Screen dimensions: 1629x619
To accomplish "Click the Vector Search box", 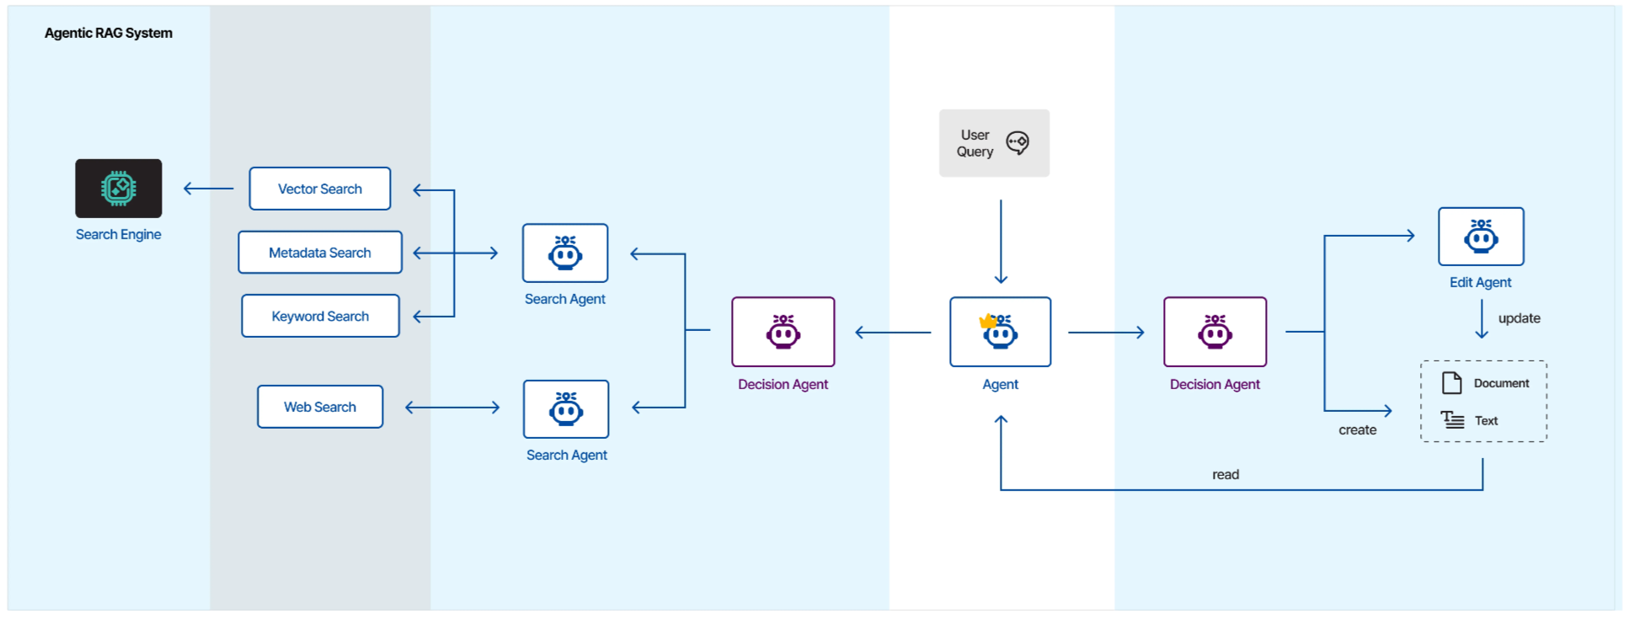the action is coord(320,189).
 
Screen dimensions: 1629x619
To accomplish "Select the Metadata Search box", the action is coord(320,253).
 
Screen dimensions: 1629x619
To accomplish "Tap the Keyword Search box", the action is coord(320,316).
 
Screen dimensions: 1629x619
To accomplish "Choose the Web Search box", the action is coord(320,407).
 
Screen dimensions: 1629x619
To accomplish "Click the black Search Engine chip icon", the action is coord(119,189).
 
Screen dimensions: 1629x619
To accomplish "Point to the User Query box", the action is coord(995,143).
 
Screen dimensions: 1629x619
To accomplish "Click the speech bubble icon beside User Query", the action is coord(1017,143).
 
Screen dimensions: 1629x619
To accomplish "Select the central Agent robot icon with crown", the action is coord(1001,332).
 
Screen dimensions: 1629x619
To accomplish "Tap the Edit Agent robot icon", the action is coord(1482,237).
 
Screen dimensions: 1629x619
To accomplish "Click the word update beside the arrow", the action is coord(1520,318).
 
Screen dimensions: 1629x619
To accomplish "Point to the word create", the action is coord(1358,430).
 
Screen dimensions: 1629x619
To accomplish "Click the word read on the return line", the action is coord(1226,475).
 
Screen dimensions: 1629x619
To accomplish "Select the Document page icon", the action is coord(1452,383).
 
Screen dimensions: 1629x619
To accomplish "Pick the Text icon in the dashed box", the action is coord(1452,419).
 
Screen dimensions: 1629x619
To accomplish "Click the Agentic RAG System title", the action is coord(109,33).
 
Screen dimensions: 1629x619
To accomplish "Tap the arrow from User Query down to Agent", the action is coord(1001,242).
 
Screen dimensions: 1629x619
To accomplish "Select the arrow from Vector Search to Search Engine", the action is coord(209,189).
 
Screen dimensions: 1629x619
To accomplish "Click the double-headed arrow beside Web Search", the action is coord(452,408).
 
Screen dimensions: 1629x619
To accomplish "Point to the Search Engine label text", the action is coord(119,234).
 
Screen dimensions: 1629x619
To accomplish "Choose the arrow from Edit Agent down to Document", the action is coord(1482,319).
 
